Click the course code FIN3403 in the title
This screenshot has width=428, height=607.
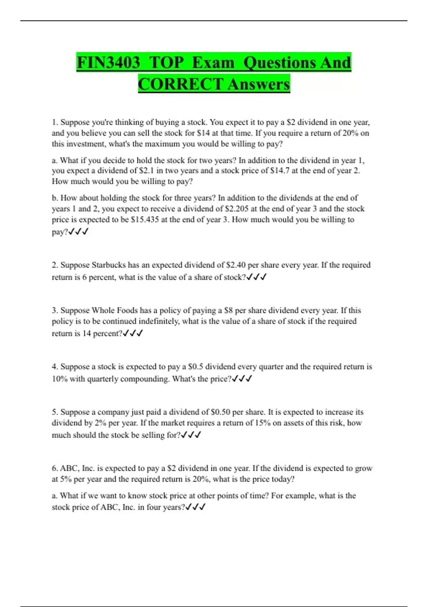(108, 63)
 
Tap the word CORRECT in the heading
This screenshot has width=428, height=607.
(180, 85)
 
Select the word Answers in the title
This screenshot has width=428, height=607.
(259, 85)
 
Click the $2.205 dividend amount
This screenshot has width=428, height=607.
(237, 209)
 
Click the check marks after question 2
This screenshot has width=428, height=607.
(256, 277)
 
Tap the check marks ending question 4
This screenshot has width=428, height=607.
(242, 379)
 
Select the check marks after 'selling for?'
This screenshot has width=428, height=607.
(191, 435)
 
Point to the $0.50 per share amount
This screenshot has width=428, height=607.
(220, 412)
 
